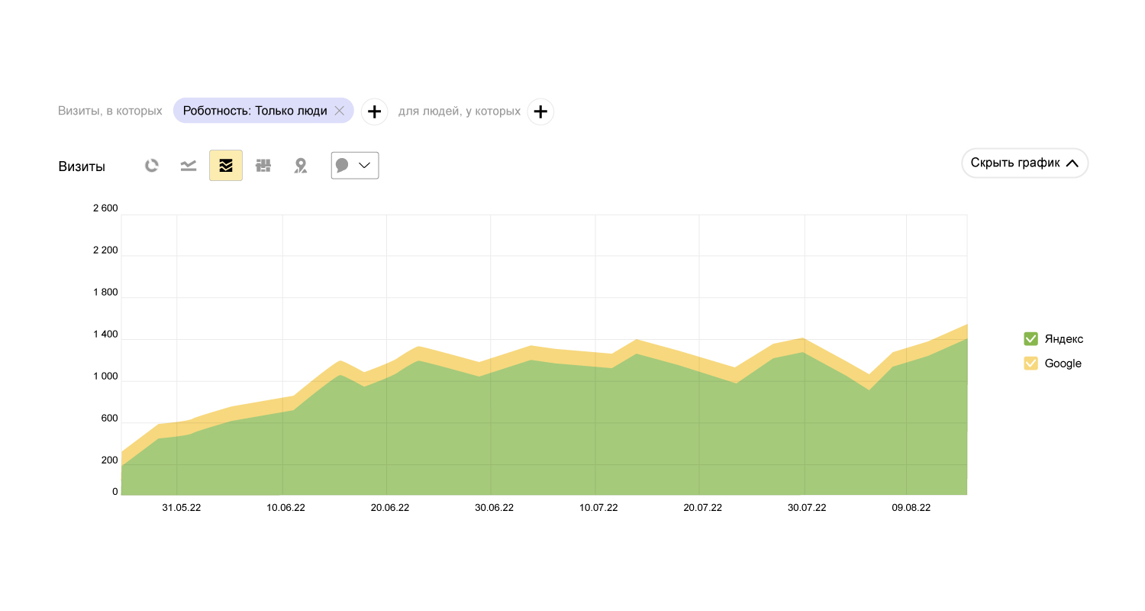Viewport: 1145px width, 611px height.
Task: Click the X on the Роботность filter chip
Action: (x=340, y=111)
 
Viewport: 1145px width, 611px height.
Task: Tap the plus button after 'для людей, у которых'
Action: (x=540, y=112)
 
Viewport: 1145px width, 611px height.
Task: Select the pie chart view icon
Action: (x=152, y=166)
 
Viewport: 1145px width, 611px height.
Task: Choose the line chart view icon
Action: (x=189, y=166)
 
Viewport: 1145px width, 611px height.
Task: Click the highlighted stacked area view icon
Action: (x=226, y=166)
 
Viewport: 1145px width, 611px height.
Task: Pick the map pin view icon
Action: (x=301, y=166)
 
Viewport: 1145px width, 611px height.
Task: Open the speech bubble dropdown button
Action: (x=355, y=166)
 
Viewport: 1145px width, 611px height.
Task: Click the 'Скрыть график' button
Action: (x=1024, y=163)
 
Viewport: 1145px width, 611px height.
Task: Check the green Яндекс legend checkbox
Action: (x=1030, y=339)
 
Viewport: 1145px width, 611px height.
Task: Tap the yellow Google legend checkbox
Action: (x=1030, y=364)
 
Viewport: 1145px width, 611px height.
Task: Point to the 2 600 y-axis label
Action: (x=105, y=209)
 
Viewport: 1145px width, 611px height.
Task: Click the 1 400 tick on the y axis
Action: (x=105, y=335)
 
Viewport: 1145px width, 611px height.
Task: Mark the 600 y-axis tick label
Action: (x=110, y=419)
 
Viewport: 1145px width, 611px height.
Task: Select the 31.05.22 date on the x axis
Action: (x=182, y=508)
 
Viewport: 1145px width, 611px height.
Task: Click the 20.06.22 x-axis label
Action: (x=390, y=508)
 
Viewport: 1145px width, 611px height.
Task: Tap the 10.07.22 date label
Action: (x=598, y=508)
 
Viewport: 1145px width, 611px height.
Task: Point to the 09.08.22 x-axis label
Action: (x=911, y=508)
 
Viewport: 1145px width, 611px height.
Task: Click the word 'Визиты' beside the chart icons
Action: (x=82, y=166)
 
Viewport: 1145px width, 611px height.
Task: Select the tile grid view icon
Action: (x=263, y=166)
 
